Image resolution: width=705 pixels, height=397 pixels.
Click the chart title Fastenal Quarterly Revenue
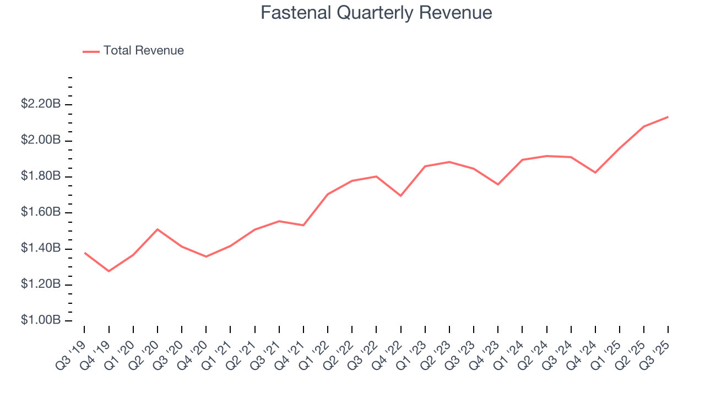pyautogui.click(x=376, y=13)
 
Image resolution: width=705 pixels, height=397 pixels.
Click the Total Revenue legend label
pyautogui.click(x=143, y=51)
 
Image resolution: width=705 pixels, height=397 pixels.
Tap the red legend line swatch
pyautogui.click(x=91, y=51)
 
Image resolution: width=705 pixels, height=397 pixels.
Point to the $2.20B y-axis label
pyautogui.click(x=40, y=104)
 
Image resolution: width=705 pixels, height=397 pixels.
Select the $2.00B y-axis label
pyautogui.click(x=40, y=140)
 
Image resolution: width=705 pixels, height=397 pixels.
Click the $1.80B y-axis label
pyautogui.click(x=40, y=176)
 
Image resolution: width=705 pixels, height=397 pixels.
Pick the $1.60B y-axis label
pyautogui.click(x=40, y=212)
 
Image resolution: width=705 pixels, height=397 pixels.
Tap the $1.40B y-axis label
pyautogui.click(x=40, y=249)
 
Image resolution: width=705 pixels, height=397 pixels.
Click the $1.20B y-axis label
pyautogui.click(x=40, y=285)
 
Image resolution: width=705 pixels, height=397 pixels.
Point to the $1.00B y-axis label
pyautogui.click(x=40, y=320)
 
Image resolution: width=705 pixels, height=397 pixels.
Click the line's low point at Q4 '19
pyautogui.click(x=109, y=271)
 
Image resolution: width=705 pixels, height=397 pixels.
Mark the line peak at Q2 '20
pyautogui.click(x=158, y=229)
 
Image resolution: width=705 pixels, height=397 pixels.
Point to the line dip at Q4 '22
pyautogui.click(x=400, y=196)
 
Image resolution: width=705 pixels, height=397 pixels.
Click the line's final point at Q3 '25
pyautogui.click(x=668, y=117)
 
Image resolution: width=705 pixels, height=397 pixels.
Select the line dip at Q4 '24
pyautogui.click(x=595, y=173)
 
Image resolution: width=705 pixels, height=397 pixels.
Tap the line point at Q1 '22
pyautogui.click(x=328, y=194)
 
